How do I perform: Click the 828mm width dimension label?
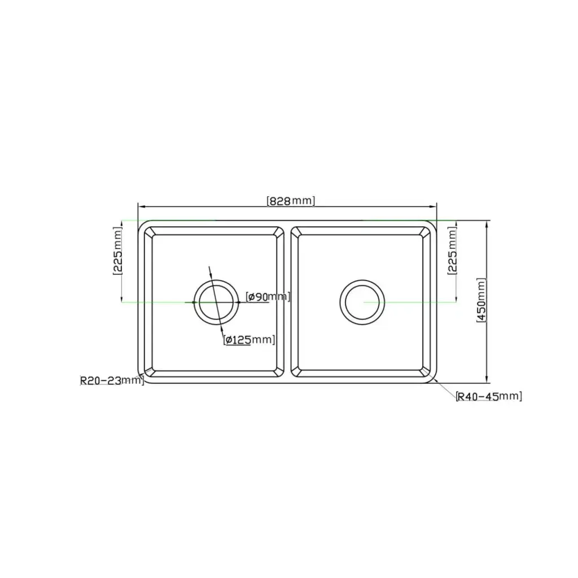tap(290, 200)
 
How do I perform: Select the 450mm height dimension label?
tap(480, 300)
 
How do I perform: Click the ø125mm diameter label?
tap(249, 340)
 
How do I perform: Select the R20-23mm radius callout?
tap(112, 380)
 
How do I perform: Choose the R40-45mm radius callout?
tap(489, 396)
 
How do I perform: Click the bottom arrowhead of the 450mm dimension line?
tap(487, 380)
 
